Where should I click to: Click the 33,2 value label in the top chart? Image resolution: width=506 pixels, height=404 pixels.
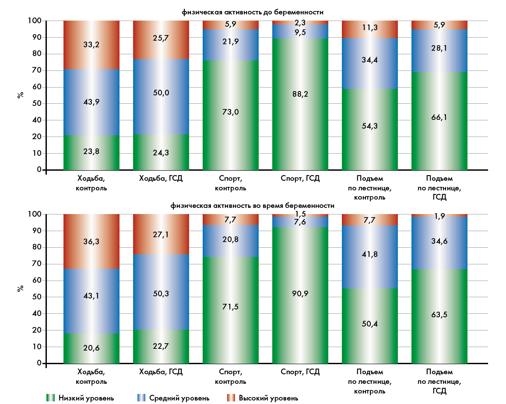point(91,44)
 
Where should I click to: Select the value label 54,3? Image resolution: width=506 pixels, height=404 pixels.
point(370,126)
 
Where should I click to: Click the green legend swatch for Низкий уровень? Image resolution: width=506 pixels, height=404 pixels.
point(51,398)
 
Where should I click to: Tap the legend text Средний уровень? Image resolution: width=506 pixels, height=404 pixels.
point(179,398)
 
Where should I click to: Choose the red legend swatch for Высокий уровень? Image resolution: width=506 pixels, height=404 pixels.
point(231,398)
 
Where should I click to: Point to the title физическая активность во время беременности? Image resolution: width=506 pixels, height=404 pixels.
point(253,205)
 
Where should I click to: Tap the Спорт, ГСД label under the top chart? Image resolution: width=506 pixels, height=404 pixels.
point(300,178)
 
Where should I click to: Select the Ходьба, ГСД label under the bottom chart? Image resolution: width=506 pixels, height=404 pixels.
point(161,372)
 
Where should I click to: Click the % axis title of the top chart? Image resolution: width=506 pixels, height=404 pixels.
point(20,95)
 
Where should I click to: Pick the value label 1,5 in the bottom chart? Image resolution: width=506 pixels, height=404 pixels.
point(300,213)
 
